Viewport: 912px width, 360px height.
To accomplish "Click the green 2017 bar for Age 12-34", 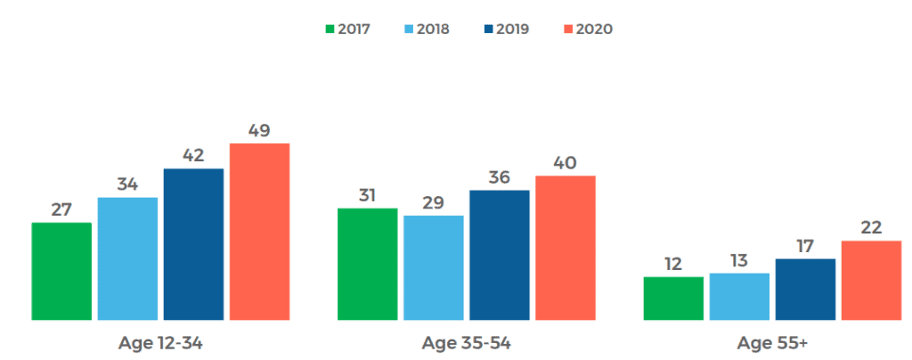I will point(61,271).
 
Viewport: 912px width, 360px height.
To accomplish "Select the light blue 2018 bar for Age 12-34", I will point(127,258).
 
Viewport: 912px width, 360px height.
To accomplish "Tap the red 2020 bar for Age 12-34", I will point(259,232).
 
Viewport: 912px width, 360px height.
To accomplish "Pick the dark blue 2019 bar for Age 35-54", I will point(499,255).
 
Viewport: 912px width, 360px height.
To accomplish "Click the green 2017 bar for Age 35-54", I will point(367,264).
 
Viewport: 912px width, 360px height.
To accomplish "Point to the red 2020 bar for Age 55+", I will point(871,280).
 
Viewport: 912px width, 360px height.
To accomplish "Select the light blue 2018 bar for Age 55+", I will point(739,296).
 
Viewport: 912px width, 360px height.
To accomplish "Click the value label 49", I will point(259,130).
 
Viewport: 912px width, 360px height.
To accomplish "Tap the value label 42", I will point(193,155).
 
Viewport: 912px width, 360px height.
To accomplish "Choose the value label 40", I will point(565,162).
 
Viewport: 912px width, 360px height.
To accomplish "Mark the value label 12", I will point(672,264).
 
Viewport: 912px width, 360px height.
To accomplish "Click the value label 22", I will point(871,227).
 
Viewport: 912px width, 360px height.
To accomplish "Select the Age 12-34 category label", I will point(160,343).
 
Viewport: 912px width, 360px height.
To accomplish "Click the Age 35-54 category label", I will point(466,343).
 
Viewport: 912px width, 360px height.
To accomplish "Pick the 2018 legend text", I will point(432,29).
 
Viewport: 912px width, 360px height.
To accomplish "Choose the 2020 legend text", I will point(594,29).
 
